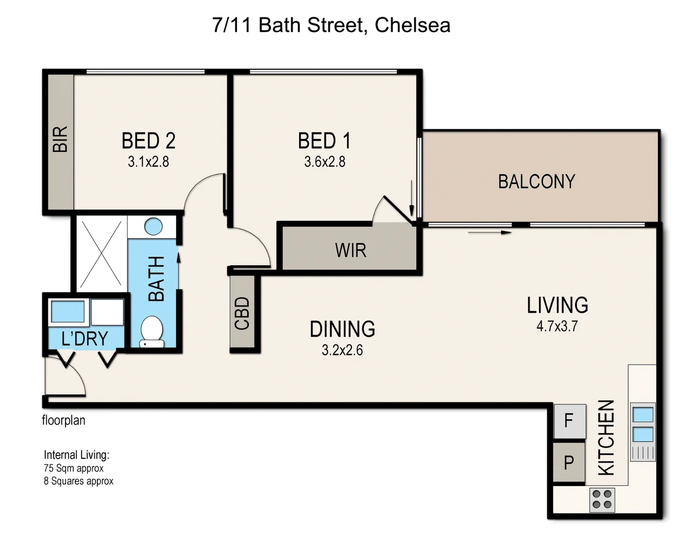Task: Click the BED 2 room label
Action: [148, 141]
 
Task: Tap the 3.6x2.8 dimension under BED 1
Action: [324, 162]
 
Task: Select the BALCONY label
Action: [536, 182]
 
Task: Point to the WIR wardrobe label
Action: [350, 250]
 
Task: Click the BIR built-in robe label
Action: [60, 139]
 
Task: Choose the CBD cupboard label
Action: [242, 313]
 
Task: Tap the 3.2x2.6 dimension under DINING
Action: [342, 350]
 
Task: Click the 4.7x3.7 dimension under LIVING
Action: [557, 326]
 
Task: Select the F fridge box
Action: [569, 421]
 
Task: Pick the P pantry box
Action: [569, 463]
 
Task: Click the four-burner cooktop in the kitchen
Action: [602, 499]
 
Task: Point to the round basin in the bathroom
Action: [154, 227]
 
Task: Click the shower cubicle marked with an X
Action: [101, 254]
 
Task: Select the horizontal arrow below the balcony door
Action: [489, 232]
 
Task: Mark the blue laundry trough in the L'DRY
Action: [68, 311]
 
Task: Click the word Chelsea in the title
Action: [412, 25]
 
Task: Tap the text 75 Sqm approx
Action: [74, 468]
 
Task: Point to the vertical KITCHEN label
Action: [606, 437]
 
